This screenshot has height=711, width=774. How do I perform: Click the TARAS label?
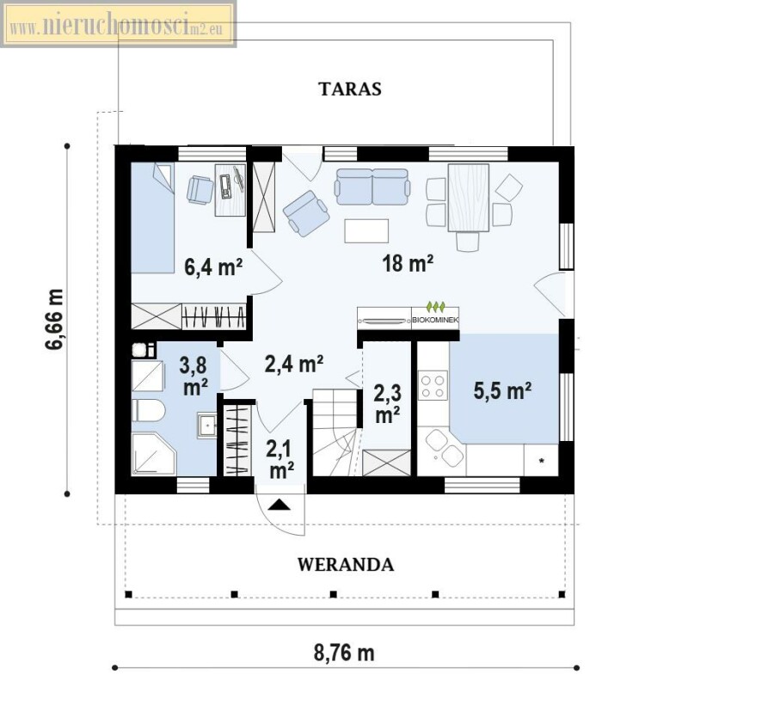350,89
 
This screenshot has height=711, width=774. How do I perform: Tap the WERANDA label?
346,565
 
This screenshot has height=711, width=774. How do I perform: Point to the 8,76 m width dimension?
344,653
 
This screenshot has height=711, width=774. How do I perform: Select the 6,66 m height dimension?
55,319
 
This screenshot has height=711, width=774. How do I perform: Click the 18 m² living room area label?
408,263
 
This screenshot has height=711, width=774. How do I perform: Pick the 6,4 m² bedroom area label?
213,267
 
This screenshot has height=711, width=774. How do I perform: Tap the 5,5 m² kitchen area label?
502,391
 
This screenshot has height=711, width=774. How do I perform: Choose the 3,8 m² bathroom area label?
193,376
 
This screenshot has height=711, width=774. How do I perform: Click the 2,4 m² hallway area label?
294,365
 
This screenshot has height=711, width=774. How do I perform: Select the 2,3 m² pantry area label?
388,404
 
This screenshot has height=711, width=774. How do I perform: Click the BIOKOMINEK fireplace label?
435,320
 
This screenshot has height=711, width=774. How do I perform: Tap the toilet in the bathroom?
148,410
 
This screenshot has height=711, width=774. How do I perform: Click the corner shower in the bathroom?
153,455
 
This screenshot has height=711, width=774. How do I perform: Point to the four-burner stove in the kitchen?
433,385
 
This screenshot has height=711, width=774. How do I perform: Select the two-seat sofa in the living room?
372,187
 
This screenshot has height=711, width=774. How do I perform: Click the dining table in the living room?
469,198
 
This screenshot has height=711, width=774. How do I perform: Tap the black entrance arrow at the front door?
279,505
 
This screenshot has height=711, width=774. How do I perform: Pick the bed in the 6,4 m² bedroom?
152,218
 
